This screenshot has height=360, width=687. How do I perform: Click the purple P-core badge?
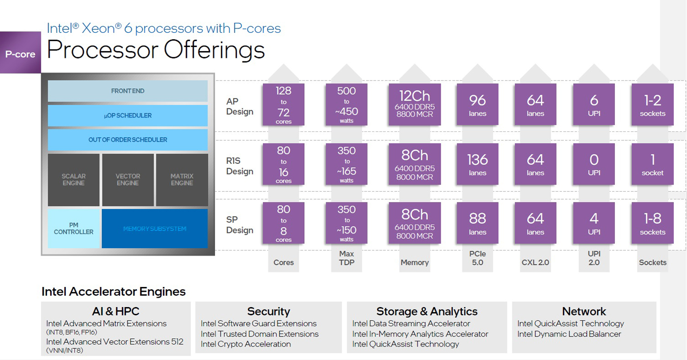pos(20,53)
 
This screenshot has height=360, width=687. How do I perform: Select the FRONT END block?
pos(128,91)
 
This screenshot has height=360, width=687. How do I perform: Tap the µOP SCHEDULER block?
pos(128,116)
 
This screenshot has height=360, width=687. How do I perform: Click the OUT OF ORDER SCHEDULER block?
pos(128,140)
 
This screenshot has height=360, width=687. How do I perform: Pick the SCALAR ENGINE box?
pos(74,180)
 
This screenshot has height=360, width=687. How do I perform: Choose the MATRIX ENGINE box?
pos(182,180)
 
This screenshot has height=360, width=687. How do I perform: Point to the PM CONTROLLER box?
pos(74,229)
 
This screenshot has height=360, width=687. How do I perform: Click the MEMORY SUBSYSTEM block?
pos(155,229)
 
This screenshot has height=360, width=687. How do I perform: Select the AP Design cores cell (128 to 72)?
pos(284,104)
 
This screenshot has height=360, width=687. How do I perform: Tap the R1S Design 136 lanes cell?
pos(477,164)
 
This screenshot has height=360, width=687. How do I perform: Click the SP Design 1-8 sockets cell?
pos(653,223)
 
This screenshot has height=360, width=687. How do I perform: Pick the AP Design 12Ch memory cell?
pos(415,104)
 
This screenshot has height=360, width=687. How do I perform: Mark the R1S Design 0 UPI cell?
pos(594,164)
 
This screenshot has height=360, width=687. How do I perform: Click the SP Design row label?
pos(239,225)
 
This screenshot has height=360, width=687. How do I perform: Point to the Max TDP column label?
pos(346,258)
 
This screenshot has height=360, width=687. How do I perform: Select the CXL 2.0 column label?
pos(535,262)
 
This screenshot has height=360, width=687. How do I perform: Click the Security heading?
pos(268,311)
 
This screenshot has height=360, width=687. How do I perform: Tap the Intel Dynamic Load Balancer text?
pos(569,334)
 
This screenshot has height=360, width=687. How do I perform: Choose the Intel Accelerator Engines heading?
pos(113,292)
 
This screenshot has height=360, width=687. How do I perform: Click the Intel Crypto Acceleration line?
pos(246,344)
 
